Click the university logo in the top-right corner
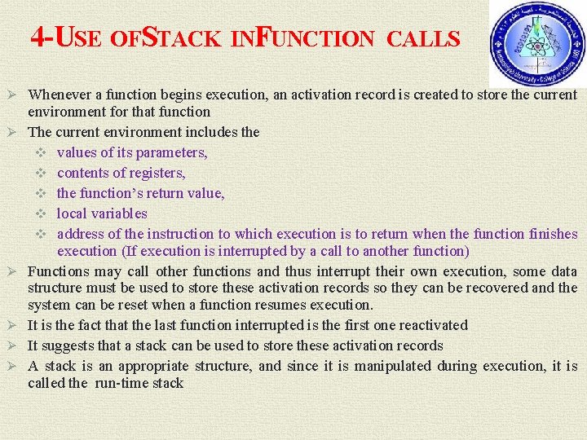click(536, 45)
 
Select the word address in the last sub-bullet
click(83, 234)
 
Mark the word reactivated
click(432, 325)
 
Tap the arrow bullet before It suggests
click(13, 345)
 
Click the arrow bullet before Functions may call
click(13, 271)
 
